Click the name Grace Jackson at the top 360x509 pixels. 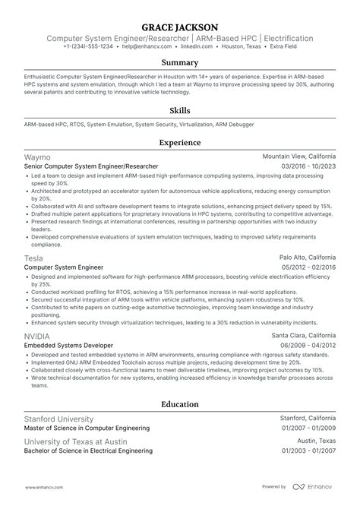tap(179, 24)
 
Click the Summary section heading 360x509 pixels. tap(179, 62)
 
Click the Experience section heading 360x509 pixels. tap(179, 142)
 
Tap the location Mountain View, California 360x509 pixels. tap(299, 156)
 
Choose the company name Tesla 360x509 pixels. tap(33, 258)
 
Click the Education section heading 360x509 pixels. tap(179, 404)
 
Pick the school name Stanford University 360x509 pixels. tap(58, 419)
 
